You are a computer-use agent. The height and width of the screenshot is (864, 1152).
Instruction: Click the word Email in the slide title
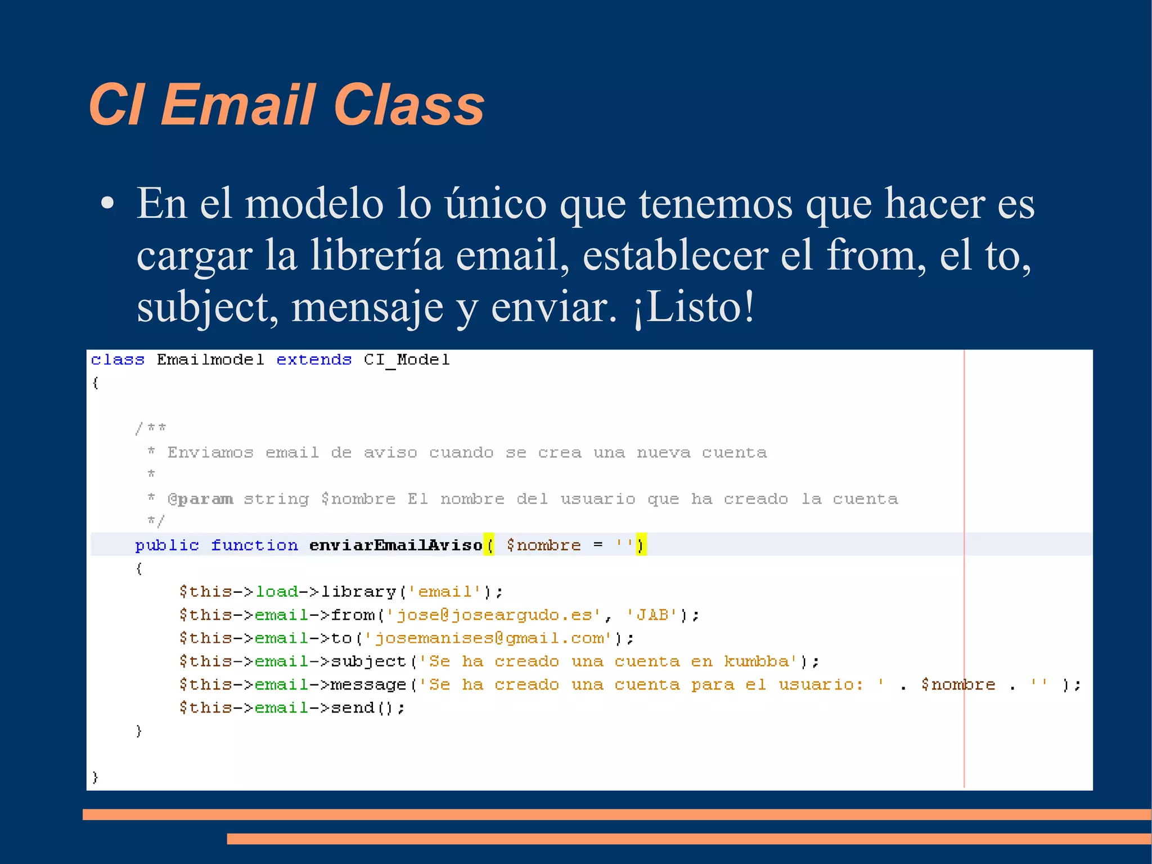coord(238,105)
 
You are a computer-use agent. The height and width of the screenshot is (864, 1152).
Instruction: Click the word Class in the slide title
coord(409,105)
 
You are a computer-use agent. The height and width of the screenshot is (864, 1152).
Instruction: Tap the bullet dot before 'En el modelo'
coord(107,204)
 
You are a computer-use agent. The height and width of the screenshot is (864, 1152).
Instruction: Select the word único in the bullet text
coord(496,203)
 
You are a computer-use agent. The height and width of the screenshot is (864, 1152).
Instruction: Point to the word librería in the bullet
coord(376,256)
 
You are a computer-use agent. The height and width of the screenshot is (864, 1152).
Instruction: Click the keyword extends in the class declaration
coord(314,360)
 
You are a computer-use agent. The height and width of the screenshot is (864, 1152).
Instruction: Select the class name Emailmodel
coord(210,360)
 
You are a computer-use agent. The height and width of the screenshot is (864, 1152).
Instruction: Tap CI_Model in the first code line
coord(407,360)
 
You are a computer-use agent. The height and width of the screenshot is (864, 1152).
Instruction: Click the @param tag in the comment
coord(200,499)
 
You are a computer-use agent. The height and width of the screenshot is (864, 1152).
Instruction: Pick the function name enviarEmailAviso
coord(395,545)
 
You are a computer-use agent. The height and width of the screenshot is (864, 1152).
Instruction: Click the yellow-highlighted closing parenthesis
coord(641,545)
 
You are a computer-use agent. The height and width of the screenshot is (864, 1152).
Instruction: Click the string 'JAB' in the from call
coord(652,615)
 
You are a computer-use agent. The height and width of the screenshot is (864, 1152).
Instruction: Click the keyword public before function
coord(166,545)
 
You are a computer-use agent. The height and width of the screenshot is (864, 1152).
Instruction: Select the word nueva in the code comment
coord(663,453)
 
